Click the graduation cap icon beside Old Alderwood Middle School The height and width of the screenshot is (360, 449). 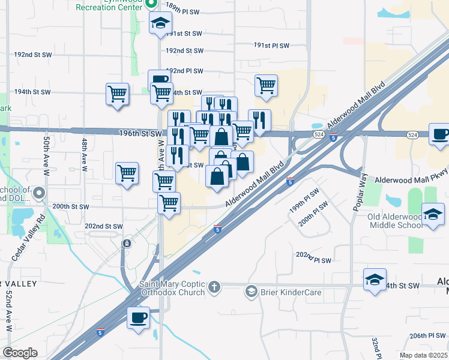pyautogui.click(x=433, y=215)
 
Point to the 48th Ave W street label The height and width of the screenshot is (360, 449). pyautogui.click(x=85, y=155)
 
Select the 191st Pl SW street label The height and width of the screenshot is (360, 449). pyautogui.click(x=271, y=45)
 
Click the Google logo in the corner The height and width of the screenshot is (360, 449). pyautogui.click(x=20, y=353)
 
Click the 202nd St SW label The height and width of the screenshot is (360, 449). pyautogui.click(x=104, y=226)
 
